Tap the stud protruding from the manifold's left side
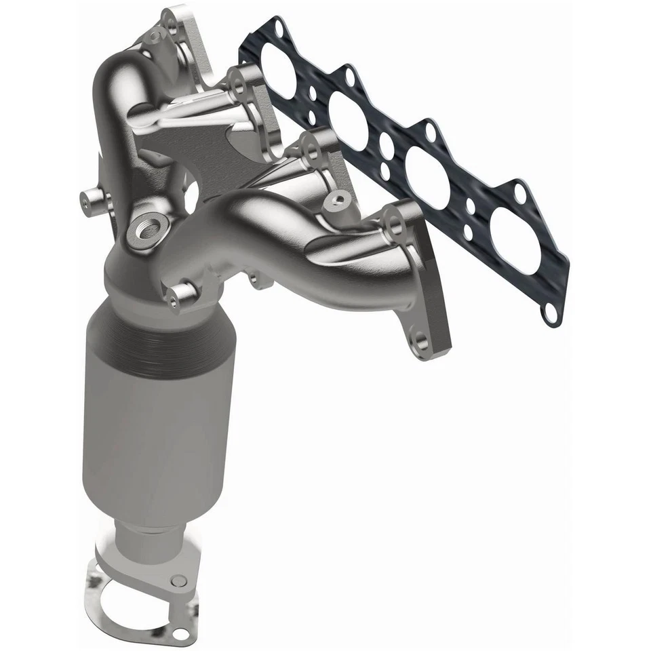coord(90,199)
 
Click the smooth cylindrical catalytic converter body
coord(153,434)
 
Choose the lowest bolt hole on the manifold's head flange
coord(420,339)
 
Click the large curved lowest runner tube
coord(285,231)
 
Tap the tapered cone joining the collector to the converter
coord(136,285)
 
